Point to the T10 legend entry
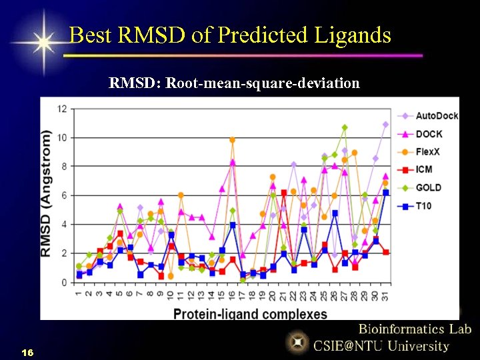click(x=423, y=206)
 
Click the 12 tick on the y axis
click(x=62, y=109)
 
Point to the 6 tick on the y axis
click(x=64, y=195)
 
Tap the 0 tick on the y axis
click(x=64, y=283)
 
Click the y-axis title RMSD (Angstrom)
click(x=47, y=193)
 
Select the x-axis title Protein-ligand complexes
click(x=251, y=313)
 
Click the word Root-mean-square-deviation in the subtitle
click(x=263, y=83)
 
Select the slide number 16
click(x=27, y=351)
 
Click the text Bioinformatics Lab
click(x=415, y=329)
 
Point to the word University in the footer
click(x=418, y=346)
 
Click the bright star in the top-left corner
click(x=43, y=42)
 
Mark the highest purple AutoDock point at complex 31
click(x=385, y=125)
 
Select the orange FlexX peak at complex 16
click(x=233, y=140)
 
